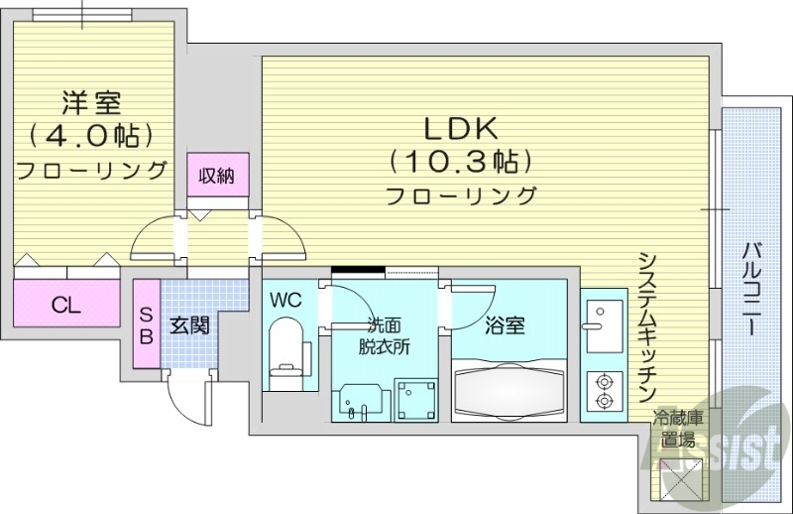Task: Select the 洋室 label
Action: pos(90,101)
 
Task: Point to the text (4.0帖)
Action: pos(90,134)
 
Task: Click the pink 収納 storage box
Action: pos(217,177)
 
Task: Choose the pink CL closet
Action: pos(65,305)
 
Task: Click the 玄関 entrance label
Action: pos(188,325)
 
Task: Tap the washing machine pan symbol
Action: pos(415,400)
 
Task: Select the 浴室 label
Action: pos(506,325)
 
